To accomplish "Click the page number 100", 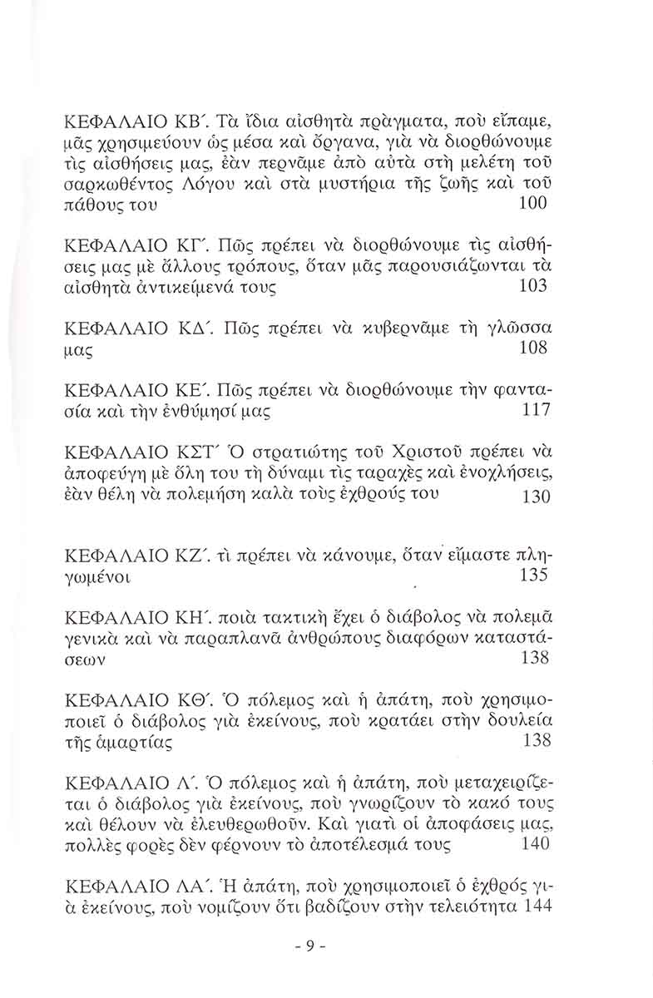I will [x=532, y=203].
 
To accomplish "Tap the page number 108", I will [x=532, y=348].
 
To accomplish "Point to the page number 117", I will [x=532, y=410].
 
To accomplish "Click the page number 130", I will [x=532, y=497].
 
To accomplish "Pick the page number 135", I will [x=532, y=575].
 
